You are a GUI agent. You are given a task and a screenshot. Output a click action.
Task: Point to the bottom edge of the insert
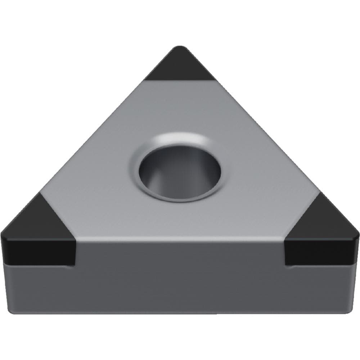pos(180,312)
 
